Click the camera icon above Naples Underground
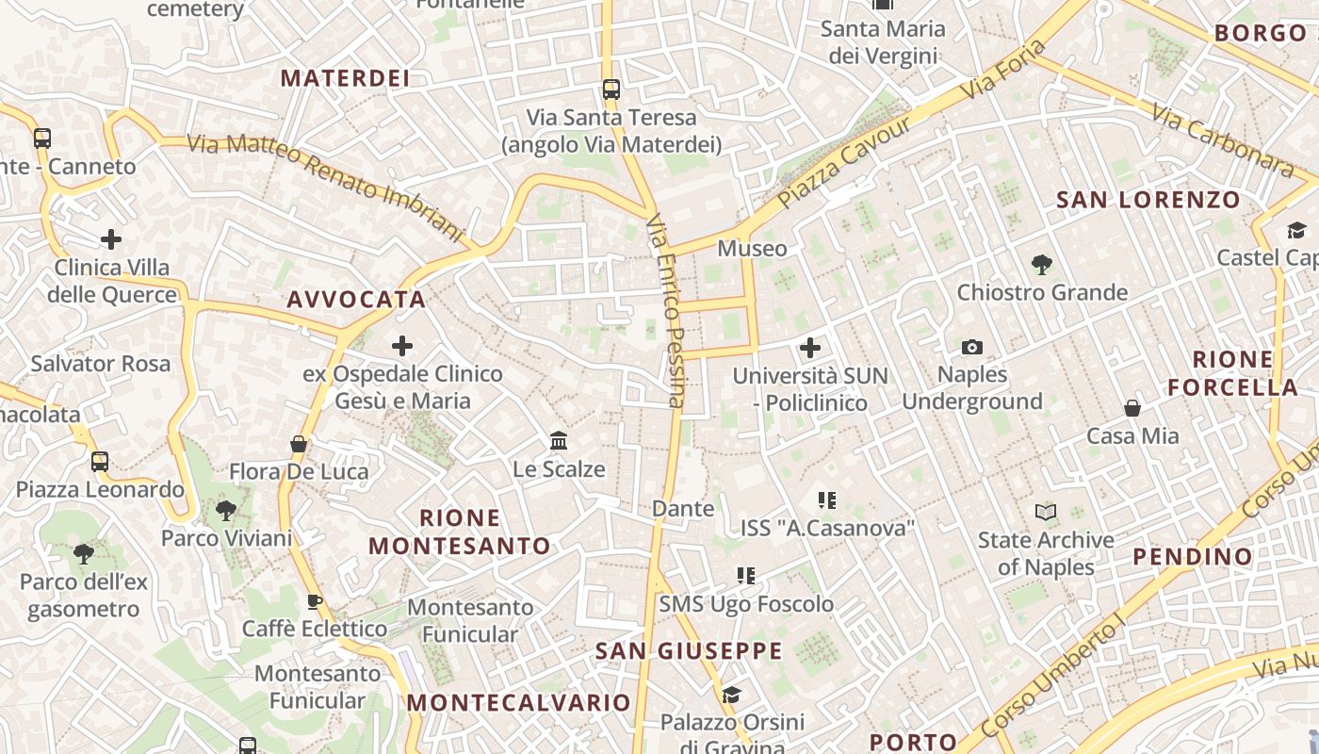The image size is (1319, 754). pyautogui.click(x=972, y=347)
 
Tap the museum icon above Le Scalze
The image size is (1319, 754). pyautogui.click(x=559, y=440)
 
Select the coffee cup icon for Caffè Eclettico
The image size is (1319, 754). pyautogui.click(x=315, y=601)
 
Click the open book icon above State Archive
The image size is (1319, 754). pyautogui.click(x=1045, y=512)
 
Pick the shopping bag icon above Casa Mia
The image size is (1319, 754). pyautogui.click(x=1132, y=408)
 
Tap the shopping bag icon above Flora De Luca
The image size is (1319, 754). pyautogui.click(x=299, y=443)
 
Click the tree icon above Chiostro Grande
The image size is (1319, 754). pyautogui.click(x=1041, y=265)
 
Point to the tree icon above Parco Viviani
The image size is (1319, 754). pyautogui.click(x=226, y=511)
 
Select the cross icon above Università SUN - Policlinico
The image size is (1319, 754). pyautogui.click(x=810, y=348)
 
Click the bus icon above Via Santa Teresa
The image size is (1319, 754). pyautogui.click(x=611, y=90)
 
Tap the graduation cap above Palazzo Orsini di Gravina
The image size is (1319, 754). pyautogui.click(x=731, y=696)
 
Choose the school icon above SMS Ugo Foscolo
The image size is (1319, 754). pyautogui.click(x=746, y=575)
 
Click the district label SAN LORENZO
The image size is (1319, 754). pyautogui.click(x=1148, y=200)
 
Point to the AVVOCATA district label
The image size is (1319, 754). pyautogui.click(x=356, y=300)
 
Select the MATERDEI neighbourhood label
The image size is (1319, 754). pyautogui.click(x=345, y=78)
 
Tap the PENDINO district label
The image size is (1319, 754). pyautogui.click(x=1192, y=556)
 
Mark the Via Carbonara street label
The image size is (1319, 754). pyautogui.click(x=1223, y=141)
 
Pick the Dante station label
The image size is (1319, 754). pyautogui.click(x=683, y=509)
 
